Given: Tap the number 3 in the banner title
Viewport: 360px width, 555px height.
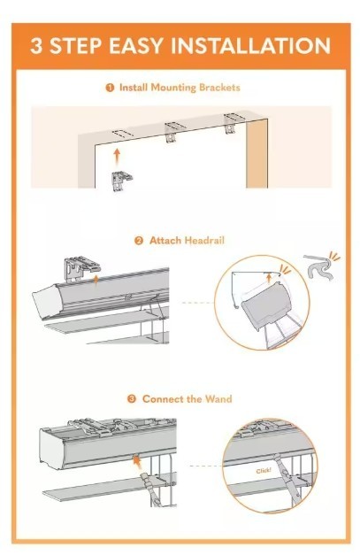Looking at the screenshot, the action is click(36, 46).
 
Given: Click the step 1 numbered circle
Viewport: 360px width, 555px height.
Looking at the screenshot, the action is click(110, 88).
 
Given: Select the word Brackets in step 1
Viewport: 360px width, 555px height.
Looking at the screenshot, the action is click(219, 88).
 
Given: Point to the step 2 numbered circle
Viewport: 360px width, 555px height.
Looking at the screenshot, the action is click(139, 241).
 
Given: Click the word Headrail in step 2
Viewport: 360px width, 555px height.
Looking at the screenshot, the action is click(204, 241).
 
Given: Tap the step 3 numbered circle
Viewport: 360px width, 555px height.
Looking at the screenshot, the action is click(131, 399).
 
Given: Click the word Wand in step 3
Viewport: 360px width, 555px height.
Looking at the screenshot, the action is click(218, 399).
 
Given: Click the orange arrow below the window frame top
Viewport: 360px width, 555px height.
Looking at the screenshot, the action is click(117, 157).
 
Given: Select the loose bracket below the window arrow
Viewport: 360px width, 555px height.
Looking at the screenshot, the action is click(122, 181).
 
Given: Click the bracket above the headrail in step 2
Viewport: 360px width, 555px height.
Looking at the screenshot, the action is click(81, 268).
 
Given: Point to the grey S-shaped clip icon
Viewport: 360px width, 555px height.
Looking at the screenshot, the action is click(319, 267).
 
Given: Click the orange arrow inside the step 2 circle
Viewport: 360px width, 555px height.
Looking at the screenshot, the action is click(269, 278).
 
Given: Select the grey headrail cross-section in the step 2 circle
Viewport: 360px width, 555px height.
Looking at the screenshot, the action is click(265, 304).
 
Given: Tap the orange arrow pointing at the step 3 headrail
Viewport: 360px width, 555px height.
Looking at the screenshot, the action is click(136, 461).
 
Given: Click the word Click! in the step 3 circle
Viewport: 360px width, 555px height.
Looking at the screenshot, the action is click(264, 471).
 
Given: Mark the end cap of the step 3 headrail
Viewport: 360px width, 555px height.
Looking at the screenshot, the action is click(51, 449).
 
